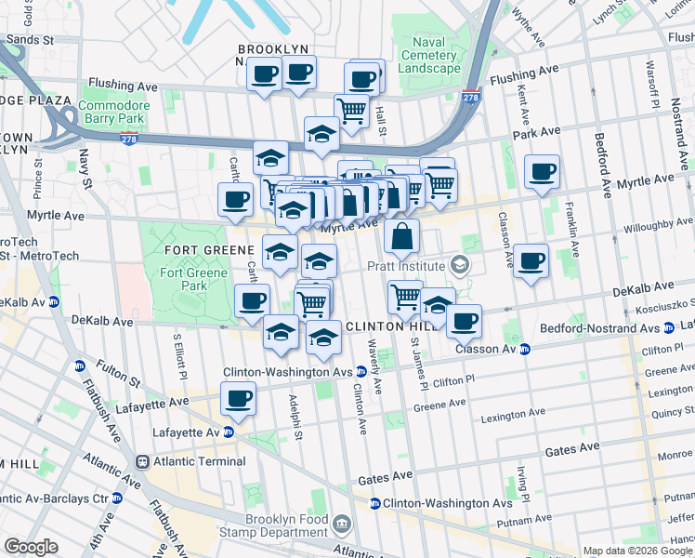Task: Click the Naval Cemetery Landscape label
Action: pos(429,55)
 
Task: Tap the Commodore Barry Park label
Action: pos(112,112)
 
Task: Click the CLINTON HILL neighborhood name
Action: pos(383,327)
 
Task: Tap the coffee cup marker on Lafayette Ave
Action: pos(238,399)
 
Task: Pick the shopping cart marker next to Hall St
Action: pos(351,111)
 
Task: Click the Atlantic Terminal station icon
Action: pos(143,461)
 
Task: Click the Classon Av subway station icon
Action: pos(524,350)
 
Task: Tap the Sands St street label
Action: pos(29,40)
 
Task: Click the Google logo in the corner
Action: pos(31,546)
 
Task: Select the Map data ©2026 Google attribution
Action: pos(636,551)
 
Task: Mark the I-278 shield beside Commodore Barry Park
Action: pos(128,139)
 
